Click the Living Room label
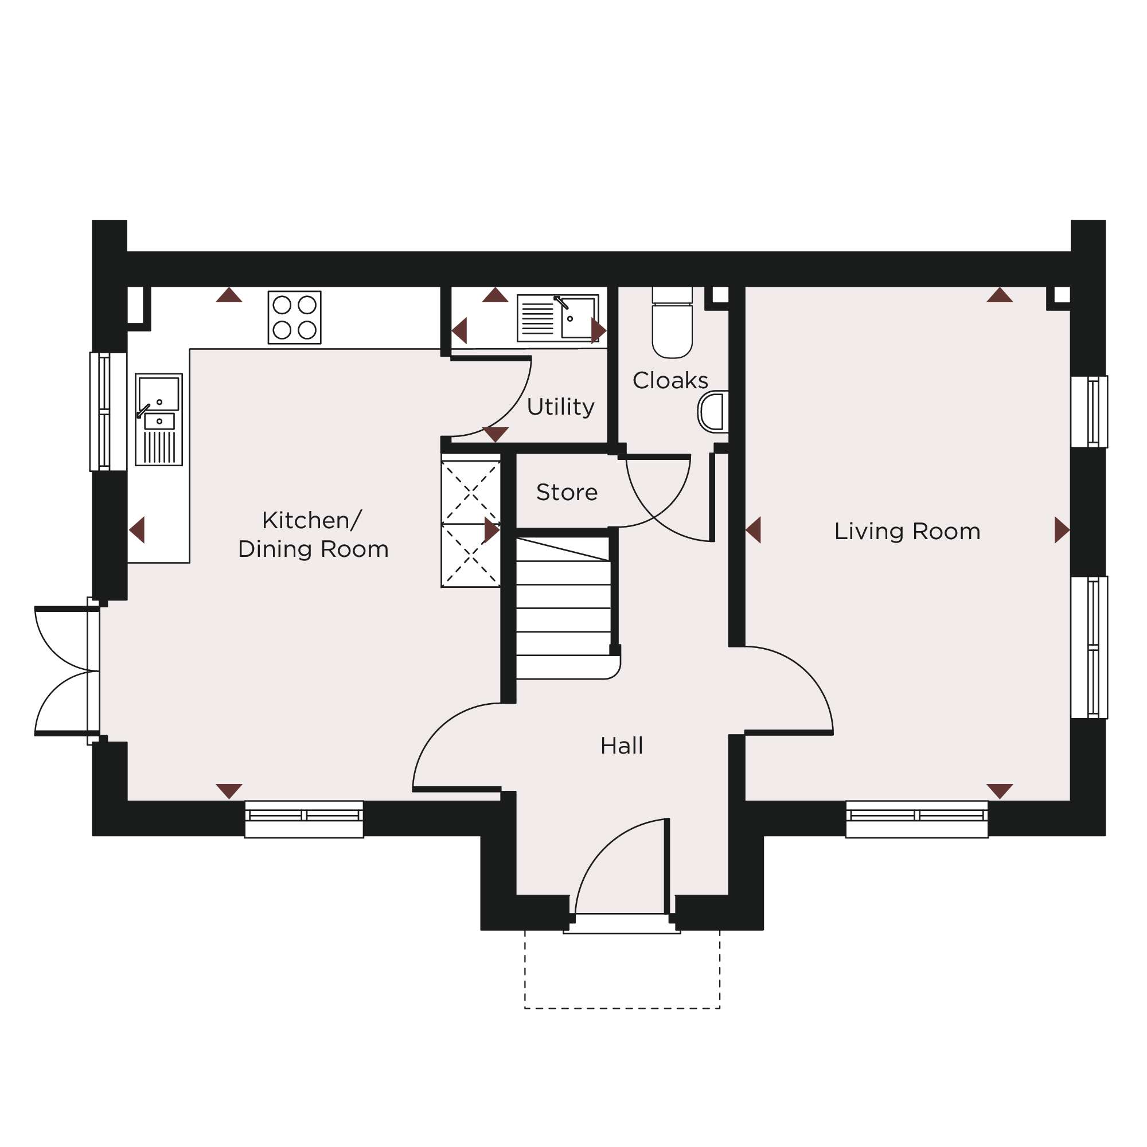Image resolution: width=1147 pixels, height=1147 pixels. pyautogui.click(x=907, y=532)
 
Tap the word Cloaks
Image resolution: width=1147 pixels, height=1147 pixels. pyautogui.click(x=670, y=381)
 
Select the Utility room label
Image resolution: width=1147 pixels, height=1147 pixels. pyautogui.click(x=560, y=407)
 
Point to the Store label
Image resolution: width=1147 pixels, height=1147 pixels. pyautogui.click(x=567, y=492)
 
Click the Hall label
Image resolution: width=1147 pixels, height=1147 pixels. pyautogui.click(x=622, y=746)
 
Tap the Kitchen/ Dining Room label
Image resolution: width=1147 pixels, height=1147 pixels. pyautogui.click(x=313, y=535)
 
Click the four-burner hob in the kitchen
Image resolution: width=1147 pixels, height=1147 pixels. pyautogui.click(x=294, y=318)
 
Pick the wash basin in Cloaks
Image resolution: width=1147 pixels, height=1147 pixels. pyautogui.click(x=713, y=412)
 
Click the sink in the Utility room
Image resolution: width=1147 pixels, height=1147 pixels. pyautogui.click(x=557, y=318)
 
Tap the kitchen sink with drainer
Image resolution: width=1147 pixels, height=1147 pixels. pyautogui.click(x=158, y=420)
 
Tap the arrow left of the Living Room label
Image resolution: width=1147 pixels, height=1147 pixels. pyautogui.click(x=753, y=530)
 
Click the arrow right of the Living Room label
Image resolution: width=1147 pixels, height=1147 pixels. pyautogui.click(x=1063, y=530)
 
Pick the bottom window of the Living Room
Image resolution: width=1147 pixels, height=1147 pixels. pyautogui.click(x=917, y=820)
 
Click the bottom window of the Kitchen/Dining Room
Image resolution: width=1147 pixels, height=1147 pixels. pyautogui.click(x=304, y=820)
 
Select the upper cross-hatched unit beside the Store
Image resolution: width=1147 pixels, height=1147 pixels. pyautogui.click(x=471, y=491)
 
